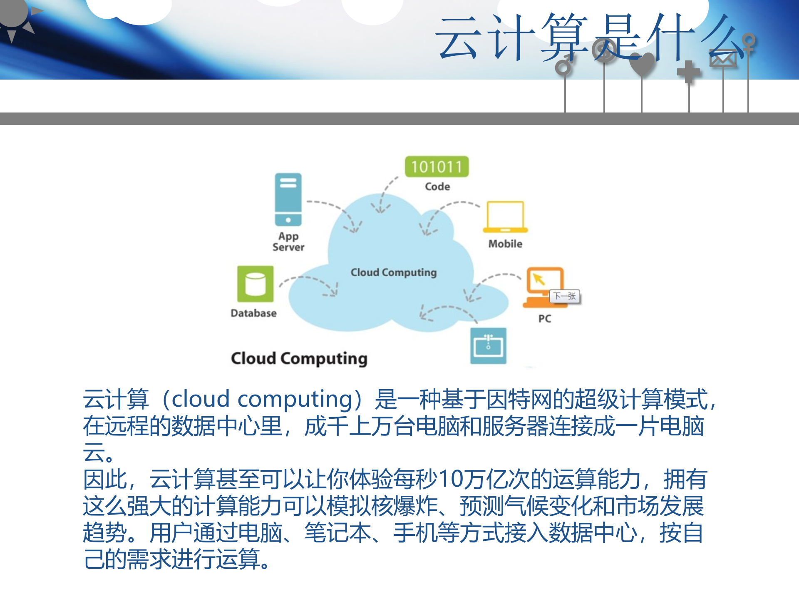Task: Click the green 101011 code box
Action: pyautogui.click(x=437, y=167)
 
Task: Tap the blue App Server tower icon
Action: pyautogui.click(x=288, y=199)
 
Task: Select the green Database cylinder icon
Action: pyautogui.click(x=255, y=284)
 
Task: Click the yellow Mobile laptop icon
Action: pyautogui.click(x=505, y=217)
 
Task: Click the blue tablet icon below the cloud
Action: pyautogui.click(x=488, y=345)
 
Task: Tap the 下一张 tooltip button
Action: pyautogui.click(x=564, y=296)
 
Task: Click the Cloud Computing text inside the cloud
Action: pyautogui.click(x=393, y=272)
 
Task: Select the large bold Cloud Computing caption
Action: pyautogui.click(x=299, y=359)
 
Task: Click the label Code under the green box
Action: pyautogui.click(x=437, y=187)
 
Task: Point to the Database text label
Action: pyautogui.click(x=253, y=313)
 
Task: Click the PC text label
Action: pyautogui.click(x=544, y=319)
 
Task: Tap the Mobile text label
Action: pyautogui.click(x=505, y=244)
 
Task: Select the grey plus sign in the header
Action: pyautogui.click(x=689, y=72)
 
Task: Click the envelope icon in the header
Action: pyautogui.click(x=723, y=59)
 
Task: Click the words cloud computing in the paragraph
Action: pyautogui.click(x=262, y=399)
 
